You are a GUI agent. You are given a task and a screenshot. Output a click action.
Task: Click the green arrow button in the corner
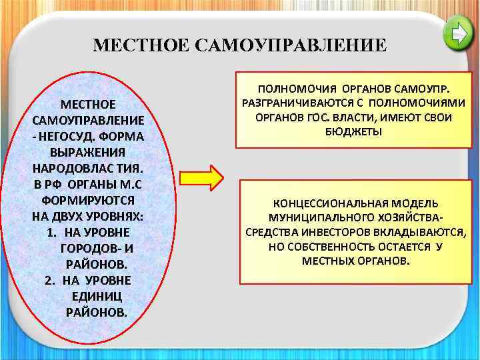[x=458, y=34]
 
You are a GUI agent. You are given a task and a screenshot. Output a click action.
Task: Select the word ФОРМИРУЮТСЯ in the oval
[x=88, y=199]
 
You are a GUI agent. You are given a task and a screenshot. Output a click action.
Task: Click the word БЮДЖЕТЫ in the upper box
[x=353, y=132]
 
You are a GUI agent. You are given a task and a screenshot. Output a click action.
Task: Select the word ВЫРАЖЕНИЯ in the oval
[x=88, y=152]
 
